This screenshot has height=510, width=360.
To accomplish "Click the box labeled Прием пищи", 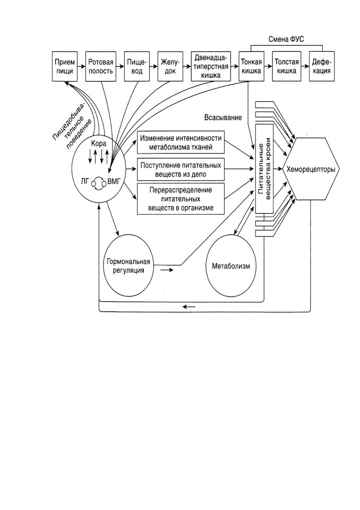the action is tap(65, 66).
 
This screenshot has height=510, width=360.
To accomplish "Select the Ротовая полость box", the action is tap(101, 66).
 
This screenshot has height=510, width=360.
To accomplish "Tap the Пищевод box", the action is tap(137, 66).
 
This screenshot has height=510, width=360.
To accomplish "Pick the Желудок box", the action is tap(170, 66).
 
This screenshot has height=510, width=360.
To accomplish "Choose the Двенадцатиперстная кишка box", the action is tap(211, 66).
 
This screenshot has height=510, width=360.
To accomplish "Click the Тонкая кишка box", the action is tap(251, 66).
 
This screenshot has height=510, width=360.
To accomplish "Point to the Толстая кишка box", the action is tap(287, 66).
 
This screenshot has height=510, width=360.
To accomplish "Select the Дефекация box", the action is tap(322, 66).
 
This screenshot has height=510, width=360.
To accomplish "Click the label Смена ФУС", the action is tap(286, 40).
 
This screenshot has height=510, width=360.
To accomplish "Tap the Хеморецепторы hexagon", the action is tap(311, 169).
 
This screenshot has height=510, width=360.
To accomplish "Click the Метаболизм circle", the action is tap(231, 266).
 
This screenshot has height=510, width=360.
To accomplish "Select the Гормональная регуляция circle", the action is tap(129, 266).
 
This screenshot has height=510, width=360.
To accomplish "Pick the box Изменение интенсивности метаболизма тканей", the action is tap(181, 142).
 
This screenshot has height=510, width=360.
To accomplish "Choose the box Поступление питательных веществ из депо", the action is tap(181, 169).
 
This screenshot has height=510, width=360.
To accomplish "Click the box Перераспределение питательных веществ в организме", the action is tap(181, 199).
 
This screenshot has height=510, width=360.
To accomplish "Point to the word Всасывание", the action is tap(223, 117).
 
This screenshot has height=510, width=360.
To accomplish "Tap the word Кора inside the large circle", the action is tap(99, 143).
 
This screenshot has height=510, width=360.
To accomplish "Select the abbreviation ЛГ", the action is tap(84, 181).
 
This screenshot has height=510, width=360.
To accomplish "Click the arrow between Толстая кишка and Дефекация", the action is tap(305, 66).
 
